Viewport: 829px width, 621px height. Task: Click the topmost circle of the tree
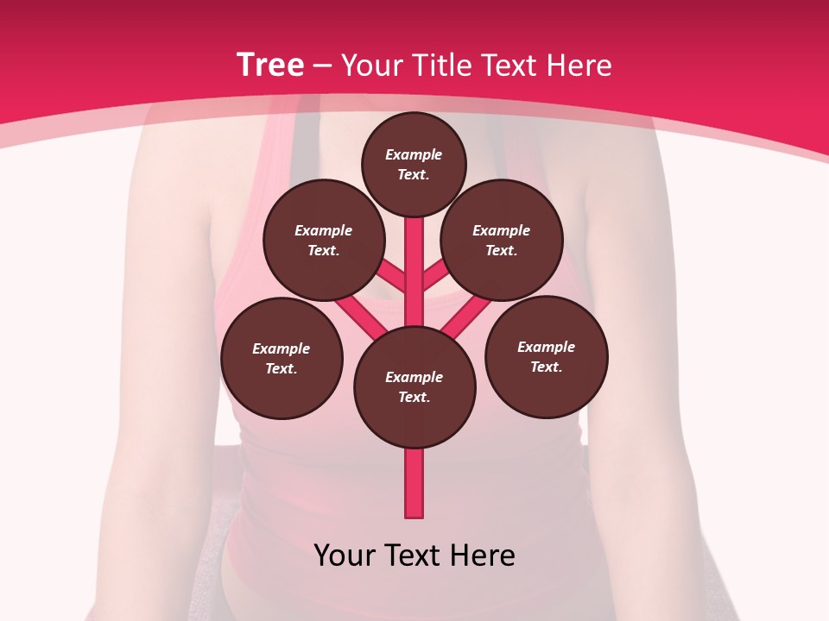coord(414,164)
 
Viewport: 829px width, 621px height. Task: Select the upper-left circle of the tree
coord(324,240)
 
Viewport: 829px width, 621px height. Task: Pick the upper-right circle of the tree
coord(502,240)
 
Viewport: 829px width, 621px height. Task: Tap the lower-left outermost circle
coord(282,358)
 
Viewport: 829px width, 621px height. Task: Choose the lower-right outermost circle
coord(547,356)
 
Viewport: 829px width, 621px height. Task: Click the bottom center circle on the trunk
coord(414,387)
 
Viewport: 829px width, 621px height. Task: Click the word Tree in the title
coord(270,66)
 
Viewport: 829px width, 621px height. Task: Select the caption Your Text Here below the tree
coord(414,555)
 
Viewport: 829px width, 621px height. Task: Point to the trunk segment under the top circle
coord(414,259)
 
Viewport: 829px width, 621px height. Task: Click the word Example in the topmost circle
coord(414,154)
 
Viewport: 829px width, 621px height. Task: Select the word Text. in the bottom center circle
coord(414,398)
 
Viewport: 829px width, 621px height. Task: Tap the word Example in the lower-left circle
coord(281,348)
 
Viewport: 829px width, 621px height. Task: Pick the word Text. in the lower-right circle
coord(546,367)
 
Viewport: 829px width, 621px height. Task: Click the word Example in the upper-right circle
coord(501,230)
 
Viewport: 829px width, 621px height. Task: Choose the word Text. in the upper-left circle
coord(323,251)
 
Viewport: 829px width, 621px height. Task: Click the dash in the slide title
coord(323,66)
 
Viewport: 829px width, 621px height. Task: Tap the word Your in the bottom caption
coord(345,555)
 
